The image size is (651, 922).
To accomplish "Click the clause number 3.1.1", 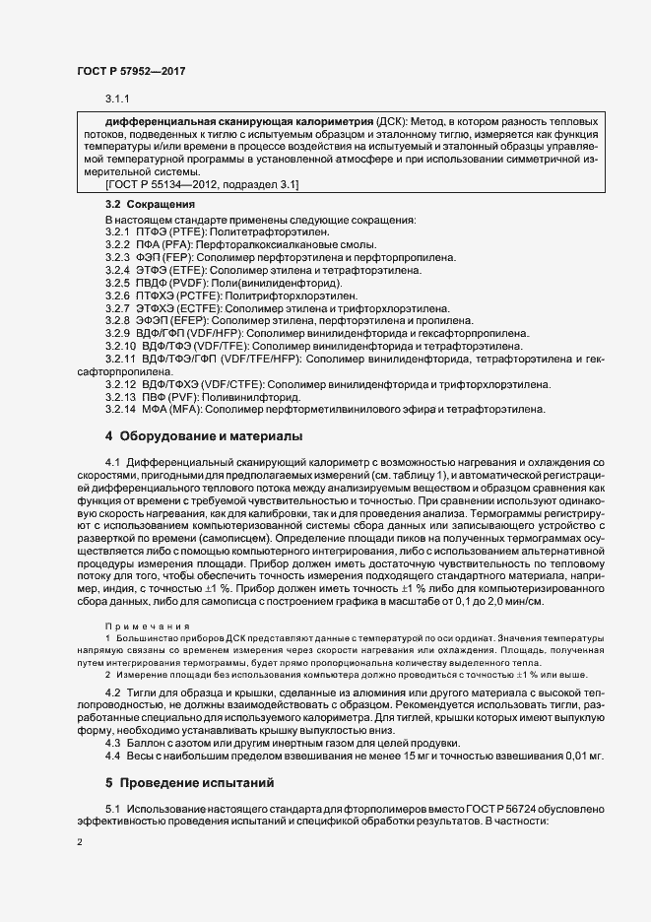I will point(118,99).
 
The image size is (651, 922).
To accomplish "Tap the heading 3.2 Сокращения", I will point(150,204).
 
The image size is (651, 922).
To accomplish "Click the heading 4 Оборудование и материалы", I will point(205,435).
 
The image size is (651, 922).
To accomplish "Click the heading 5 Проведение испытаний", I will point(188,784).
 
